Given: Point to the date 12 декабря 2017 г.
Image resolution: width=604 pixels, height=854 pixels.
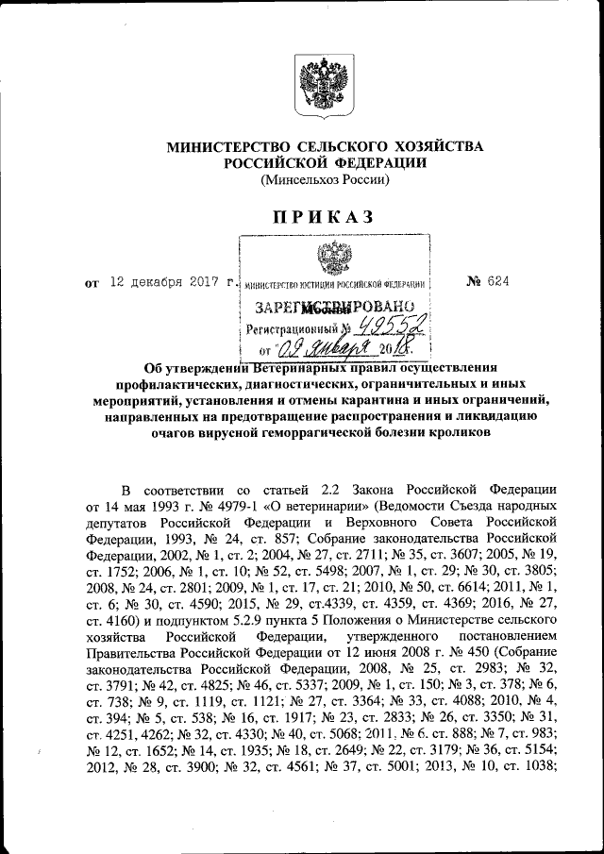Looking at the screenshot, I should pyautogui.click(x=170, y=281).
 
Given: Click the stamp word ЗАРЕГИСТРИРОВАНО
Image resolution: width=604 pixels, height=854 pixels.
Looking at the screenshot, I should pyautogui.click(x=335, y=308).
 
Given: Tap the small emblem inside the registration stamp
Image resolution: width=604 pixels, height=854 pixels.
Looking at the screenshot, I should pyautogui.click(x=331, y=256).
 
